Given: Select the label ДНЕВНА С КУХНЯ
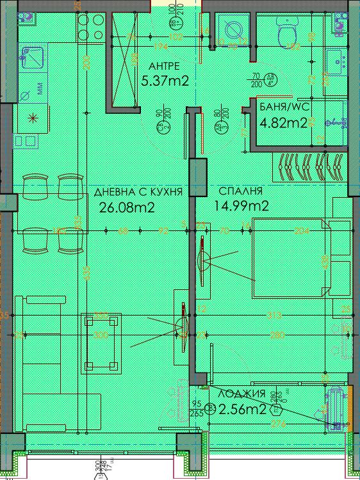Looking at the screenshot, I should click(x=139, y=192).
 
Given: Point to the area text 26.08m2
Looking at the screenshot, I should click(x=127, y=207).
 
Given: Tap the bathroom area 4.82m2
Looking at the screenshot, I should click(x=282, y=124).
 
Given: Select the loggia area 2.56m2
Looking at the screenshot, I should click(x=242, y=410).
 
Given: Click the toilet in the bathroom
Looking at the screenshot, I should click(x=286, y=29).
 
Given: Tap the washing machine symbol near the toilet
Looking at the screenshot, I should click(x=232, y=28).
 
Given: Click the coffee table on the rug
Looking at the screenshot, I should click(x=101, y=344).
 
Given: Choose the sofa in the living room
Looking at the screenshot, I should click(x=42, y=358).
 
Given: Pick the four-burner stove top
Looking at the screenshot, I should click(x=90, y=28).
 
